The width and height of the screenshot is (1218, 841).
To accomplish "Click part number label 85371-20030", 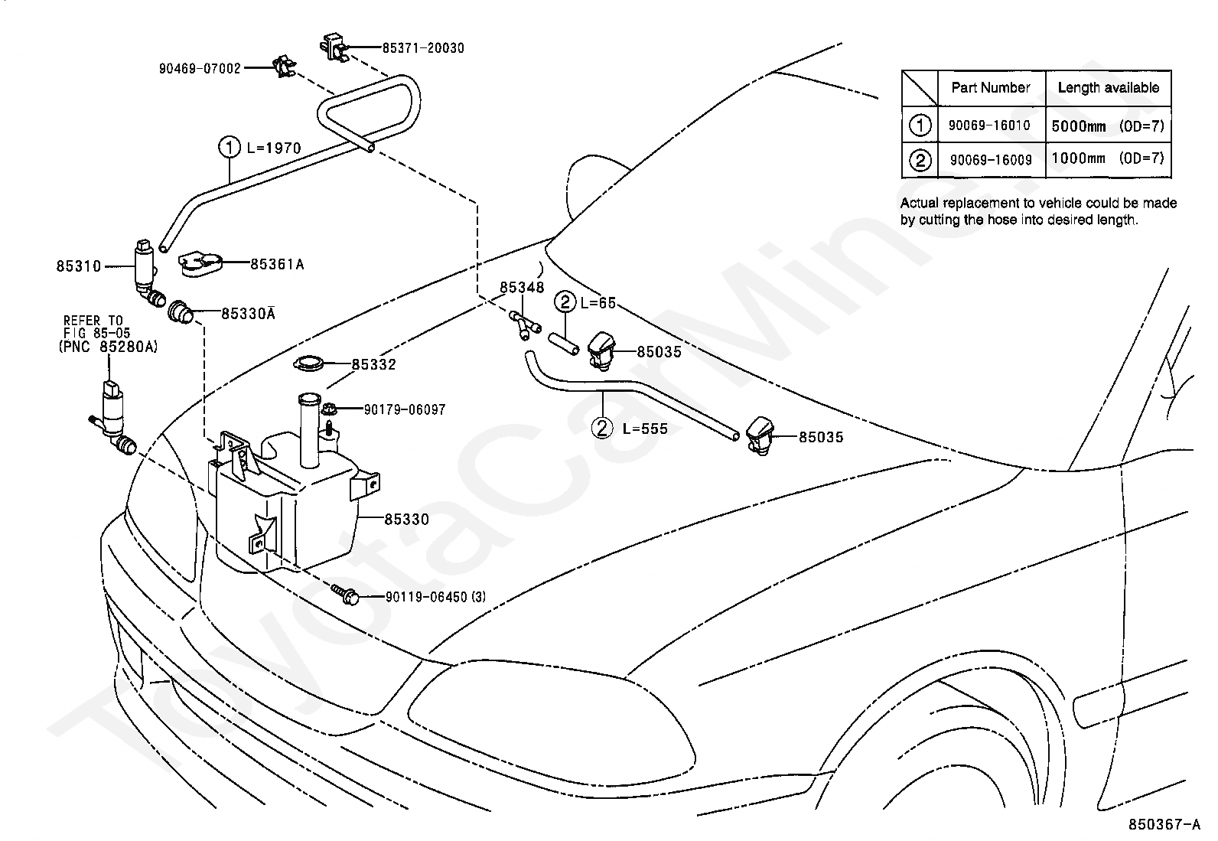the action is pyautogui.click(x=423, y=48).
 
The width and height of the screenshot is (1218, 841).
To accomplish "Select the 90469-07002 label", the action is pyautogui.click(x=200, y=69).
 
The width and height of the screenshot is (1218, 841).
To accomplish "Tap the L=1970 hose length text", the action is pyautogui.click(x=273, y=148).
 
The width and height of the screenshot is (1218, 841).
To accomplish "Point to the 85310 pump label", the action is pyautogui.click(x=79, y=266).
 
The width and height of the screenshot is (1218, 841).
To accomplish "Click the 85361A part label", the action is pyautogui.click(x=277, y=264).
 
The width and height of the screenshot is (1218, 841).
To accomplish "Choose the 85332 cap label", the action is pyautogui.click(x=374, y=364).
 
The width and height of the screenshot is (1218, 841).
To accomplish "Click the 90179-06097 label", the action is pyautogui.click(x=405, y=409).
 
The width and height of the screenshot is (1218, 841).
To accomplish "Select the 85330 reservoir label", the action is pyautogui.click(x=407, y=519).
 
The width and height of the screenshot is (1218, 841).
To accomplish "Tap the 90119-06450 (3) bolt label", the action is pyautogui.click(x=435, y=597).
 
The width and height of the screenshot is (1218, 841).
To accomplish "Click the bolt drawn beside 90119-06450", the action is pyautogui.click(x=345, y=594).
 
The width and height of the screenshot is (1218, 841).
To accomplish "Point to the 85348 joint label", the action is pyautogui.click(x=522, y=287).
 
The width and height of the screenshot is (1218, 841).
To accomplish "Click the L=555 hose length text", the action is pyautogui.click(x=645, y=429).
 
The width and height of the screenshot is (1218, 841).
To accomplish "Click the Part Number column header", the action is pyautogui.click(x=991, y=87).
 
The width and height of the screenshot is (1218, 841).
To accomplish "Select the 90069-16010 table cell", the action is pyautogui.click(x=990, y=125).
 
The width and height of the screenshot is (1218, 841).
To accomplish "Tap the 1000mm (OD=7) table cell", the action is pyautogui.click(x=1108, y=158).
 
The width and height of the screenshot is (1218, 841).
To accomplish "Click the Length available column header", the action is pyautogui.click(x=1109, y=87).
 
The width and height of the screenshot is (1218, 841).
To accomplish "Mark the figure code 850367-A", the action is pyautogui.click(x=1164, y=825).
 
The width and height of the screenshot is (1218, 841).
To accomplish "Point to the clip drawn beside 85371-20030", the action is pyautogui.click(x=334, y=47).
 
